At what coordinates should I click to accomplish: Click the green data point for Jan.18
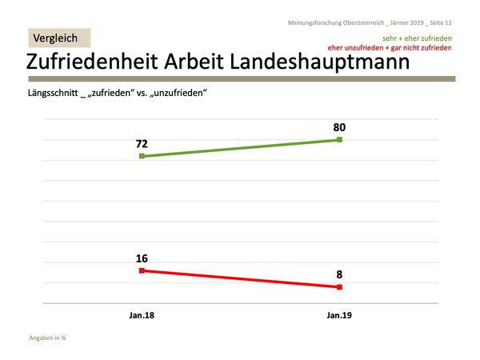(142, 156)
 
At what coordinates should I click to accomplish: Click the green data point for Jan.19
(340, 140)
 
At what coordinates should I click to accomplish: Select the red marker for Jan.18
(142, 270)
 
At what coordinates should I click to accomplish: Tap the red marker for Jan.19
(340, 286)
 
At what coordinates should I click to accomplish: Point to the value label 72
(142, 144)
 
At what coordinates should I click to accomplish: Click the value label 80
(340, 126)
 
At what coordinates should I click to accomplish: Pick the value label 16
(142, 258)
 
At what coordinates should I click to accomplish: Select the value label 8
(340, 274)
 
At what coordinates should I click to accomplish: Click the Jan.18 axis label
(142, 316)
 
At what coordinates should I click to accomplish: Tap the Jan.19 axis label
(340, 316)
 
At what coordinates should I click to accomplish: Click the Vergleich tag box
(60, 38)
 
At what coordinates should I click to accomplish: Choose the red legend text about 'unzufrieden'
(390, 48)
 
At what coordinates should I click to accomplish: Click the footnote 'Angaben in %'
(47, 338)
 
